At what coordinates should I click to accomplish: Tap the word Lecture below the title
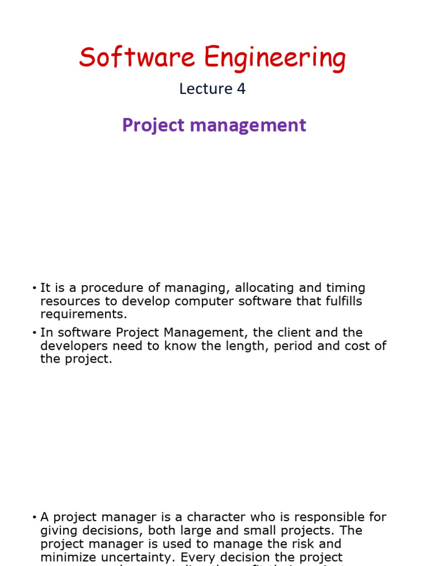click(x=205, y=88)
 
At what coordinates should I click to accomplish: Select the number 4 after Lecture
click(x=241, y=88)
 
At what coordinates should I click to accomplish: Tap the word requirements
click(x=84, y=315)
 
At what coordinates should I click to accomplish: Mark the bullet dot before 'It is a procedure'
click(x=34, y=289)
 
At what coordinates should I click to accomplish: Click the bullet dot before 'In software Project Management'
click(x=34, y=333)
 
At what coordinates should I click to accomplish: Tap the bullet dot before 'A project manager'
click(x=34, y=517)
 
